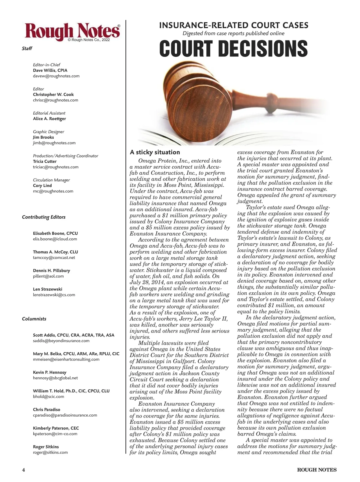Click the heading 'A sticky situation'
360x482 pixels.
[155, 152]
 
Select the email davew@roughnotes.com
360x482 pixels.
[56, 76]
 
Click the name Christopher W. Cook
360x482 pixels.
[53, 95]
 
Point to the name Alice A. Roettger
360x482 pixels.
[49, 119]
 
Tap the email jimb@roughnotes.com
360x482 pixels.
[54, 143]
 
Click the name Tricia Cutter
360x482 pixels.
[45, 161]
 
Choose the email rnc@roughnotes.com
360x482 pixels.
[53, 191]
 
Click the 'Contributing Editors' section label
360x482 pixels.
[43, 217]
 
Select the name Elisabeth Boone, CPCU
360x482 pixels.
[55, 233]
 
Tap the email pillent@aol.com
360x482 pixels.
[48, 276]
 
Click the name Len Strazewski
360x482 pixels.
[47, 289]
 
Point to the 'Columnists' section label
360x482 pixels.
[34, 319]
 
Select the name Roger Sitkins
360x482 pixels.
[46, 447]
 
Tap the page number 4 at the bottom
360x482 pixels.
[23, 470]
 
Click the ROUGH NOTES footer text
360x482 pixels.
[316, 470]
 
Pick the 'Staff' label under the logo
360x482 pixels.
[27, 48]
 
